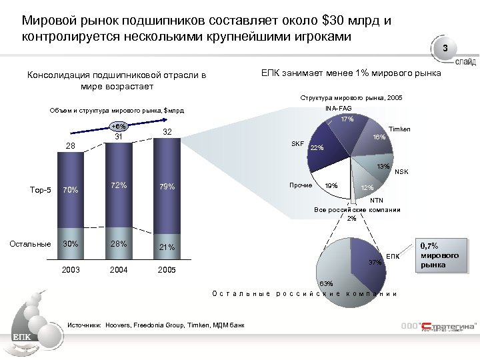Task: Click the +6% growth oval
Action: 118,126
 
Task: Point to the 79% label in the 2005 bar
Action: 166,187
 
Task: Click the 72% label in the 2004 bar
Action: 119,185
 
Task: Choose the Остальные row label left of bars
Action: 29,244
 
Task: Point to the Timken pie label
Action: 400,129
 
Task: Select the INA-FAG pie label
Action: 339,108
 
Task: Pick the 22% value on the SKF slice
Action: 316,148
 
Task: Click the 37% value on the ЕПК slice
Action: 375,262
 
